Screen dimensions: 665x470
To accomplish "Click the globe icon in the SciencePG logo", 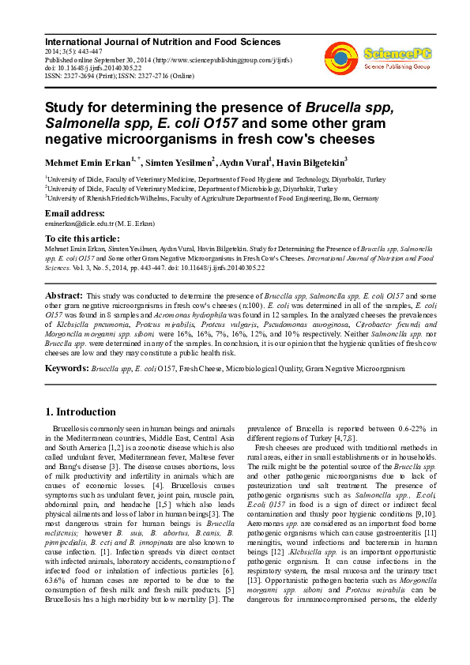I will (x=341, y=56).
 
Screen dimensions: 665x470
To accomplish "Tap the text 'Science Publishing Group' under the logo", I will (x=397, y=67).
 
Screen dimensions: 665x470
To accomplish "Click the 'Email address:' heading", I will (x=75, y=214).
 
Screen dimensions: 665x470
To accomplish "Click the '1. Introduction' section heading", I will (x=81, y=411).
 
